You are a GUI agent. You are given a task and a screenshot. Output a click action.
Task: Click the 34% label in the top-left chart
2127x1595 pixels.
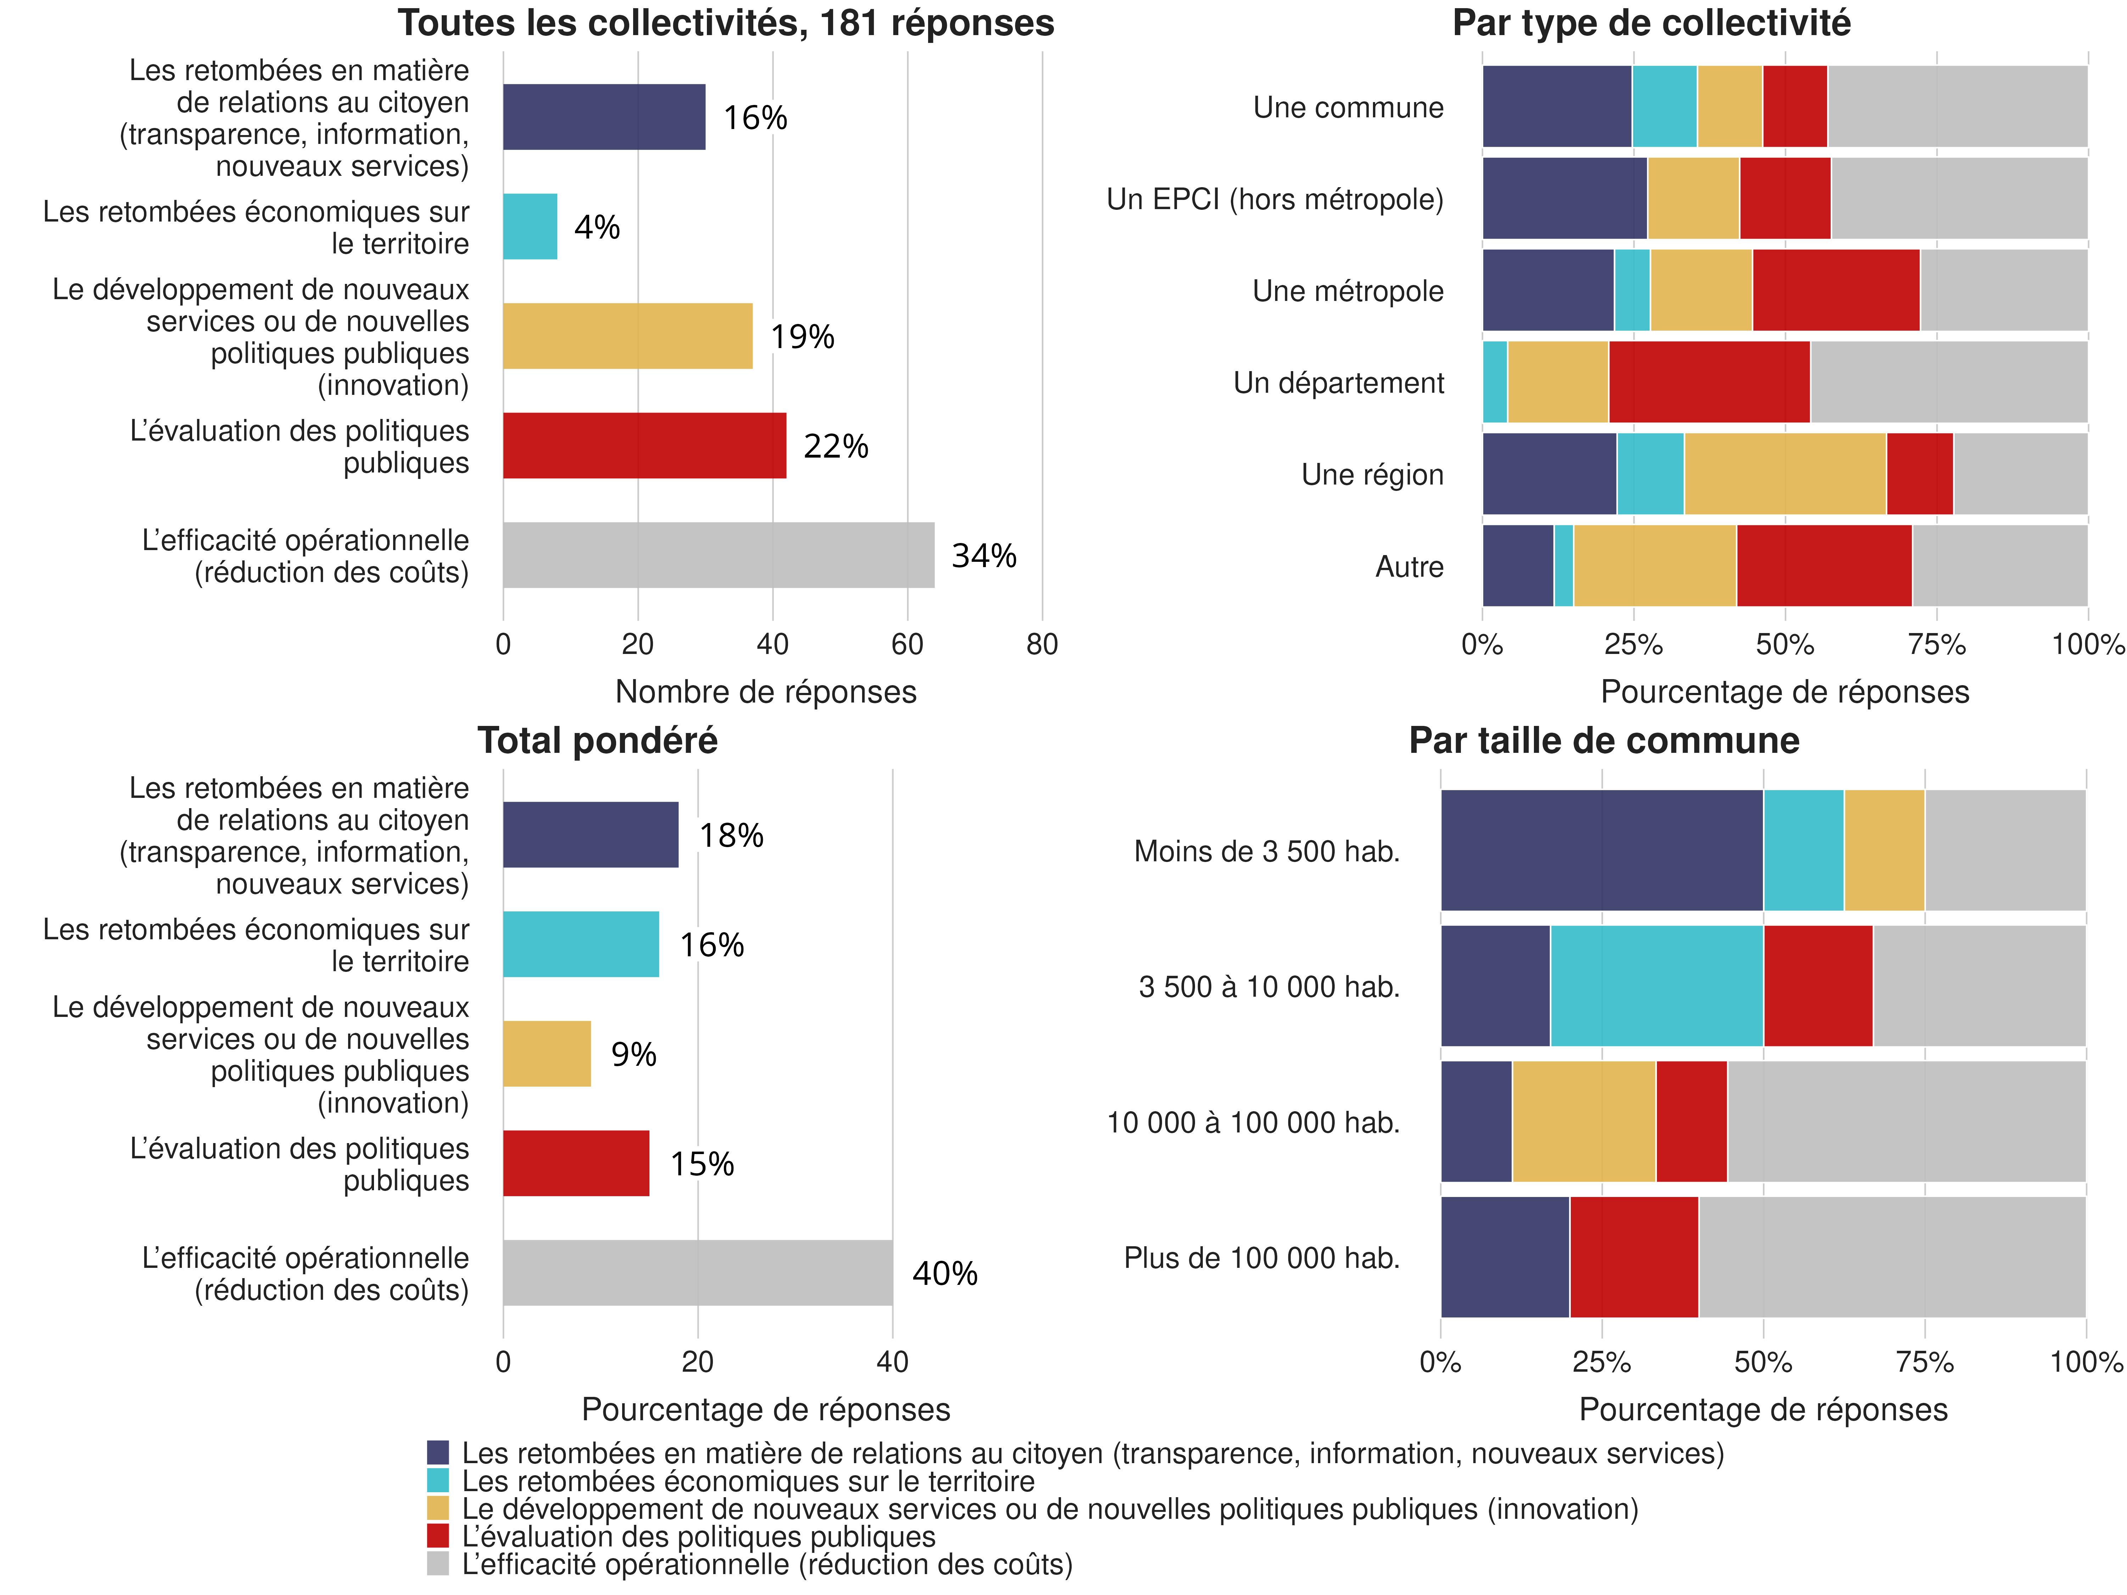(x=984, y=556)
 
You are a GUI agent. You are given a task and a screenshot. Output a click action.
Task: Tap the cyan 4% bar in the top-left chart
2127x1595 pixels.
(x=530, y=227)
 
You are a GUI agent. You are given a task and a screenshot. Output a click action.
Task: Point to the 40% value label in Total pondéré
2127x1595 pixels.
(x=944, y=1274)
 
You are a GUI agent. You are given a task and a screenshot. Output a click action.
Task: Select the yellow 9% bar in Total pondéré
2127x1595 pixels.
(x=546, y=1054)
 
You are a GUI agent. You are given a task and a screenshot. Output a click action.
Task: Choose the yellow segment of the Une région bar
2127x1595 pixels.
(x=1785, y=474)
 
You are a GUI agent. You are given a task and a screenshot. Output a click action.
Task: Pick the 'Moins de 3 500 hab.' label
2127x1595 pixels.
(x=1266, y=851)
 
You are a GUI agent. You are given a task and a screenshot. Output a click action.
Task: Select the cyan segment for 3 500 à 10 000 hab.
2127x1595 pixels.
(x=1656, y=985)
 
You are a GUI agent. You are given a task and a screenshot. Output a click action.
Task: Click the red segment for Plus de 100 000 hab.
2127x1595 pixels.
(x=1634, y=1257)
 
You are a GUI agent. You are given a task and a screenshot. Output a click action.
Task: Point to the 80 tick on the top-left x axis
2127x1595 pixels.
(x=1042, y=644)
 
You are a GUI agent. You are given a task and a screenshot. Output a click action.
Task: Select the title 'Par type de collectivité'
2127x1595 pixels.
(x=1651, y=23)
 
